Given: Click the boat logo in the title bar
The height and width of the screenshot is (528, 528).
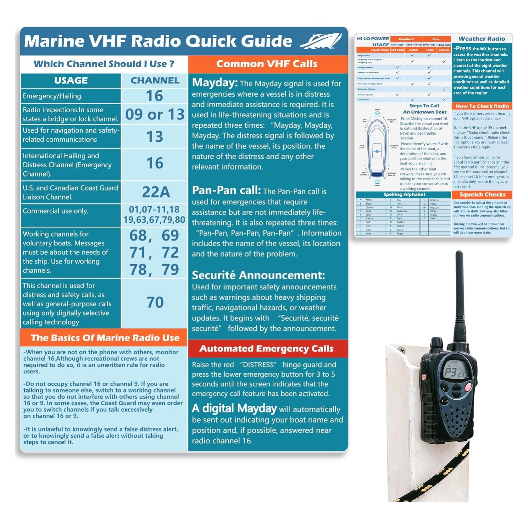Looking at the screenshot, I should click(x=320, y=41).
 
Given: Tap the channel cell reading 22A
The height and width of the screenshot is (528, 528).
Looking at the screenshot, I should click(x=155, y=192).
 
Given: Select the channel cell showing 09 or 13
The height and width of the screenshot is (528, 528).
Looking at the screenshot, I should click(x=155, y=114).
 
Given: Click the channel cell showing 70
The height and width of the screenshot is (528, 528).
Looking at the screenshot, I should click(x=155, y=302).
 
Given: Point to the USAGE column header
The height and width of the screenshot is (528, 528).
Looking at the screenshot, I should click(x=71, y=81).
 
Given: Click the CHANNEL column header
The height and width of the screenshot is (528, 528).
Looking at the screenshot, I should click(x=155, y=81).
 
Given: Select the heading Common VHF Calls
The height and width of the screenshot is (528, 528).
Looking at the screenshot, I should click(x=267, y=64).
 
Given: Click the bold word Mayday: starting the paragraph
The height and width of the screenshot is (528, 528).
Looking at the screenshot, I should click(x=215, y=83).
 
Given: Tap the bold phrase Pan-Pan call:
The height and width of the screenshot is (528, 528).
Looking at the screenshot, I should click(x=226, y=190).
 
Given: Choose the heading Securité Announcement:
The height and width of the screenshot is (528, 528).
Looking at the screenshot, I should click(x=258, y=275).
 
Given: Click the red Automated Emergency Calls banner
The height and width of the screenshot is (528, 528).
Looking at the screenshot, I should click(x=266, y=348).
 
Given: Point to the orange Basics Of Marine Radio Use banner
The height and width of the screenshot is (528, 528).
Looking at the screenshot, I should click(x=105, y=338).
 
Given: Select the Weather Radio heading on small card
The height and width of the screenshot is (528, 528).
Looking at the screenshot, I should click(x=482, y=39).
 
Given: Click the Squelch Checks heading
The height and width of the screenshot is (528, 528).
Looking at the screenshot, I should click(x=482, y=195).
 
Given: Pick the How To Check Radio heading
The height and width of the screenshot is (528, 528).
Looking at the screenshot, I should click(x=482, y=106).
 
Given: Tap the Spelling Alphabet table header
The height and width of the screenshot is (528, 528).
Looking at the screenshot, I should click(x=404, y=195).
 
